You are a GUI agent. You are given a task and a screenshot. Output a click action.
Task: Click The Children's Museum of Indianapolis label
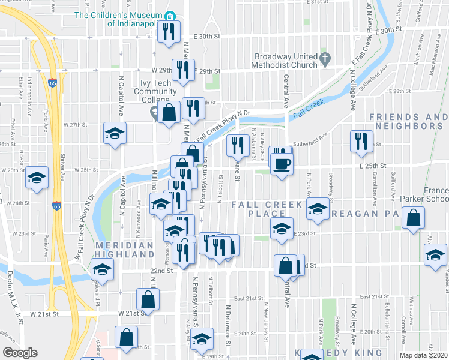tap(119, 19)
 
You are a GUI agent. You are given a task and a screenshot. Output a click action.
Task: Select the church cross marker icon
tap(325, 59)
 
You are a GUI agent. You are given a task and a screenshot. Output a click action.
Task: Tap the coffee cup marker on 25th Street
tap(282, 163)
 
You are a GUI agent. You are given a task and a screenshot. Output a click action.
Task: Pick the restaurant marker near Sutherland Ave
tap(360, 142)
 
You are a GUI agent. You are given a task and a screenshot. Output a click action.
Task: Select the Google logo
tap(19, 353)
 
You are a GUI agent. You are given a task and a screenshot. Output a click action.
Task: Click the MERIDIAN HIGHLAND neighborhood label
tap(124, 250)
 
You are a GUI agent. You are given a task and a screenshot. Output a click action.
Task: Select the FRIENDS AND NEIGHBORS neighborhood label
tap(409, 121)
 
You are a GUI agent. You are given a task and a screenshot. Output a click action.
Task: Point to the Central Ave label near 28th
tap(286, 88)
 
